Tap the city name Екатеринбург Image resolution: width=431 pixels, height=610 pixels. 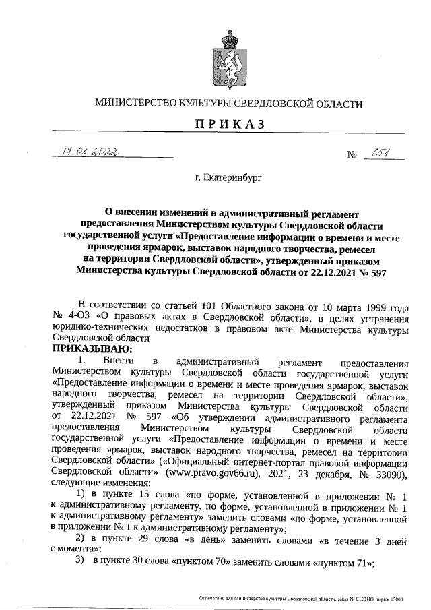228,178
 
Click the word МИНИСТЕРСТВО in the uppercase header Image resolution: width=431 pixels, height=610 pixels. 135,104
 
